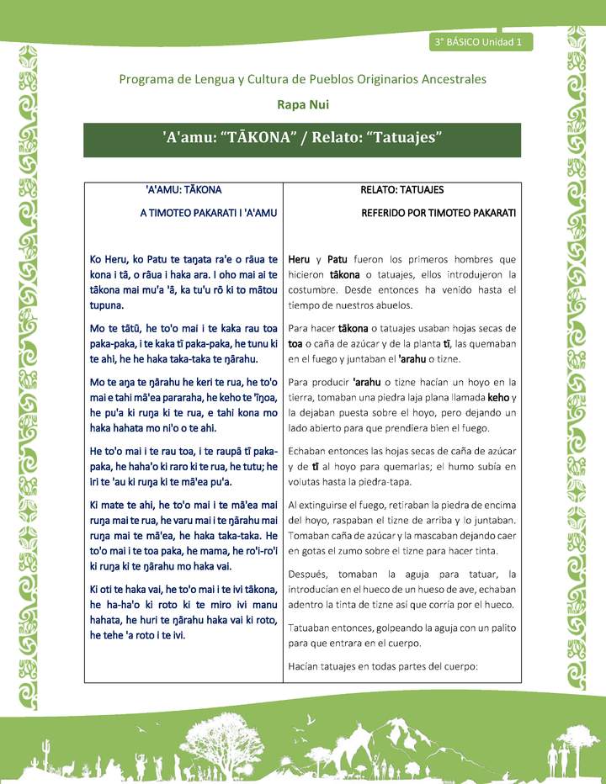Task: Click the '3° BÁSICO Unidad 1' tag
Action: click(x=479, y=41)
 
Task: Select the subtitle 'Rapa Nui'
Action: click(x=302, y=104)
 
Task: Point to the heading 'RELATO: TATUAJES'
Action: click(x=401, y=190)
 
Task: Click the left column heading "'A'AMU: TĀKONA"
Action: click(x=183, y=190)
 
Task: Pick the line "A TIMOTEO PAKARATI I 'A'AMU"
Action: click(x=209, y=214)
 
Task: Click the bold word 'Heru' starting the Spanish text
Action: click(x=300, y=259)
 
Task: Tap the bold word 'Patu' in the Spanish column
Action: click(x=338, y=259)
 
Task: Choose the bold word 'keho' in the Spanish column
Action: click(x=498, y=397)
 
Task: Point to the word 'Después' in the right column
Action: click(x=308, y=574)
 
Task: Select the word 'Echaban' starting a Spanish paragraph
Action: click(x=310, y=451)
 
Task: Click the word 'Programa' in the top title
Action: click(x=148, y=79)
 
